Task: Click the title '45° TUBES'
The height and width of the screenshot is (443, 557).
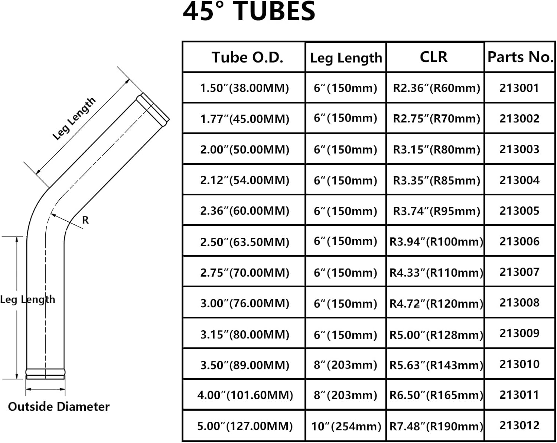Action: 249,12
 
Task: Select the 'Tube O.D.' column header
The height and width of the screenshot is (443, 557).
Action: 247,57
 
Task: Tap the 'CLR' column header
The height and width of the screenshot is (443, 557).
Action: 433,57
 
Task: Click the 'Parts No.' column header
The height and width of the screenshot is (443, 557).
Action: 520,57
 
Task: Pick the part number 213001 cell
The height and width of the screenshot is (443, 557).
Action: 519,88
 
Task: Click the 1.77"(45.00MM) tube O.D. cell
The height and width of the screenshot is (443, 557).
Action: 244,119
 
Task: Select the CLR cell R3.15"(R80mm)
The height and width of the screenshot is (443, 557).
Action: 436,149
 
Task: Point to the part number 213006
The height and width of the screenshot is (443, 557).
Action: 519,241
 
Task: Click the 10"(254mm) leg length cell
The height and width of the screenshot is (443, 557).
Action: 346,426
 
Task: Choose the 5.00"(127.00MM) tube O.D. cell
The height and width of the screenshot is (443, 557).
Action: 245,426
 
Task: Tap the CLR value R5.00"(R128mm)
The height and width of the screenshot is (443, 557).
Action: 436,334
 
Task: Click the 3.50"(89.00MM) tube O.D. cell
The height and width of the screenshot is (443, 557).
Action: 244,365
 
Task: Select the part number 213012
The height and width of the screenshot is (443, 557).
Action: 519,425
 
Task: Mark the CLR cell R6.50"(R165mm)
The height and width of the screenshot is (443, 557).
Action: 436,395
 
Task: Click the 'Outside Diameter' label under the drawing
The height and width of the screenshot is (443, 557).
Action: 59,407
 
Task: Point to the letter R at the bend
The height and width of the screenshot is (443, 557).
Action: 85,220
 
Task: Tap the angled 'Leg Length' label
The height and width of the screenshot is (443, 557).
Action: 74,119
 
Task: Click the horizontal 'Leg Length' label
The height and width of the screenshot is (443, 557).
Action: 27,299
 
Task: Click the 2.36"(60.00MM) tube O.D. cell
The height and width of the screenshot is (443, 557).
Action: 244,211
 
